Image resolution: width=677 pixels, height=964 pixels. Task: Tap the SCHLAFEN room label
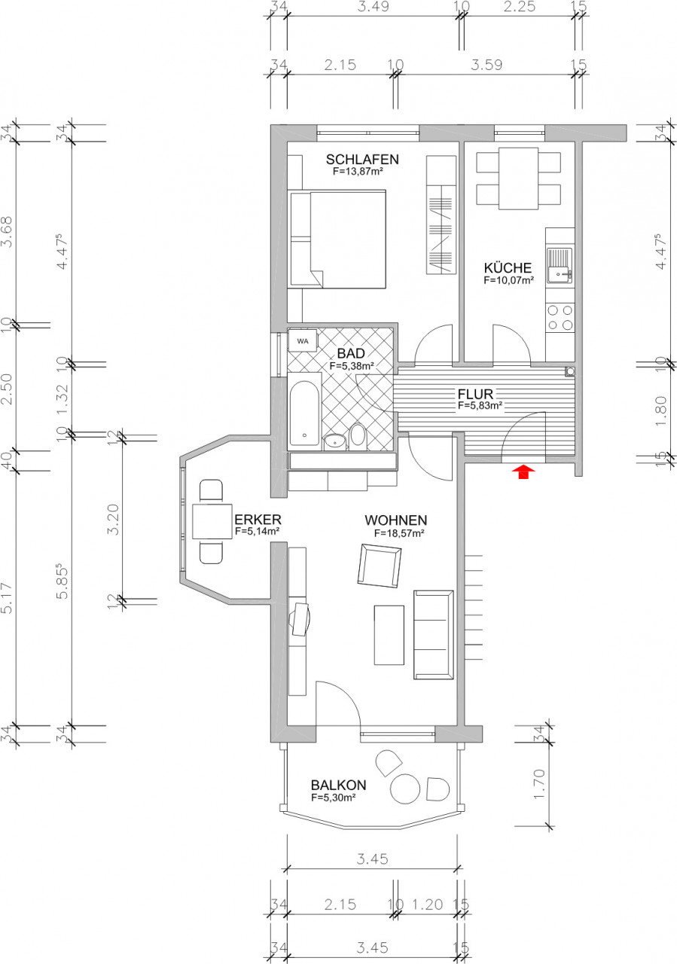(361, 160)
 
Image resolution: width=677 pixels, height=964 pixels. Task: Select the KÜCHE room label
(508, 268)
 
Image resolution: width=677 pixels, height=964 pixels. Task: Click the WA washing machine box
(303, 340)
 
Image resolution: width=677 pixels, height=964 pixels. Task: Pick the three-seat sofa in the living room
(433, 635)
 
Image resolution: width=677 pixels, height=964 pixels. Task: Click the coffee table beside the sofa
(389, 635)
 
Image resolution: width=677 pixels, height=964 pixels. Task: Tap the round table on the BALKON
(406, 789)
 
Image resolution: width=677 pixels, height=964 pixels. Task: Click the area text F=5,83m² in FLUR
(480, 405)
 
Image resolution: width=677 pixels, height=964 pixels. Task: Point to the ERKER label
(258, 520)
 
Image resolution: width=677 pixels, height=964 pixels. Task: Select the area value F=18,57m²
(398, 532)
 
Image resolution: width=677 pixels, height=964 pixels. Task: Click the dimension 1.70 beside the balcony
(537, 783)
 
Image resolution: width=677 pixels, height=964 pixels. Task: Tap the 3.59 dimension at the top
(486, 66)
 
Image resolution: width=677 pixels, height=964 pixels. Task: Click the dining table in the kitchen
(519, 178)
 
